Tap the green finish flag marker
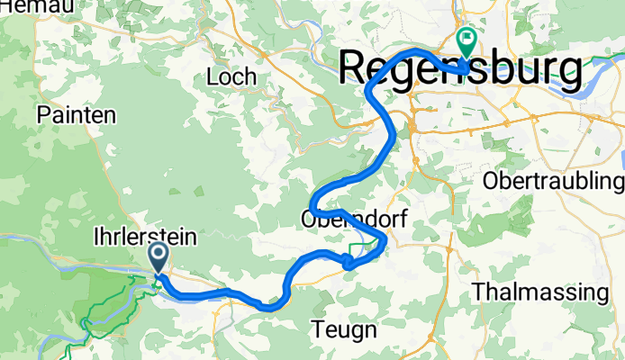[467, 40]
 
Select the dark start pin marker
[159, 256]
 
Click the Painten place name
[77, 114]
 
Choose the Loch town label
[231, 76]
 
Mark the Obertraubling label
[553, 180]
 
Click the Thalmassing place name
[540, 292]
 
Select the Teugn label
[345, 329]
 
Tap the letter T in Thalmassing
[478, 292]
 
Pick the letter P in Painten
[43, 114]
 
